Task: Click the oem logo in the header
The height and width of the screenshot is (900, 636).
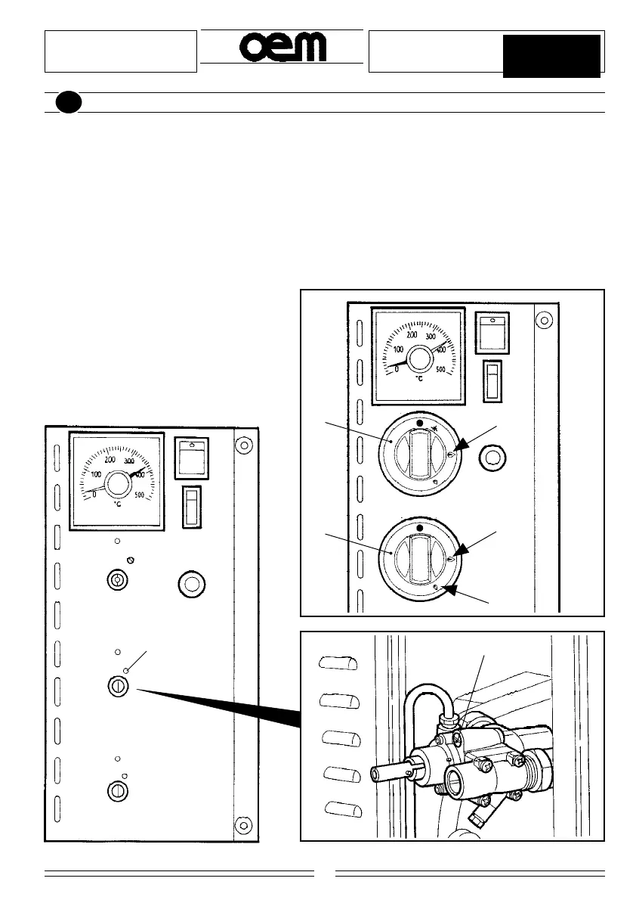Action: tap(282, 48)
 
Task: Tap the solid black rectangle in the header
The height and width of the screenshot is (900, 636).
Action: tap(551, 55)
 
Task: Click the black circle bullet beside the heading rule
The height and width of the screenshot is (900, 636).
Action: tap(68, 103)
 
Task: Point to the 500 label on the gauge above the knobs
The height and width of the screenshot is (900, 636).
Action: tap(440, 371)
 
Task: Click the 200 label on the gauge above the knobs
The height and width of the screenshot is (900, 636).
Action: tap(412, 334)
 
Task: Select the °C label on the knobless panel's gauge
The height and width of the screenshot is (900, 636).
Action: tap(119, 504)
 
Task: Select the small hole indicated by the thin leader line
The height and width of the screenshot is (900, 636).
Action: tap(128, 670)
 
